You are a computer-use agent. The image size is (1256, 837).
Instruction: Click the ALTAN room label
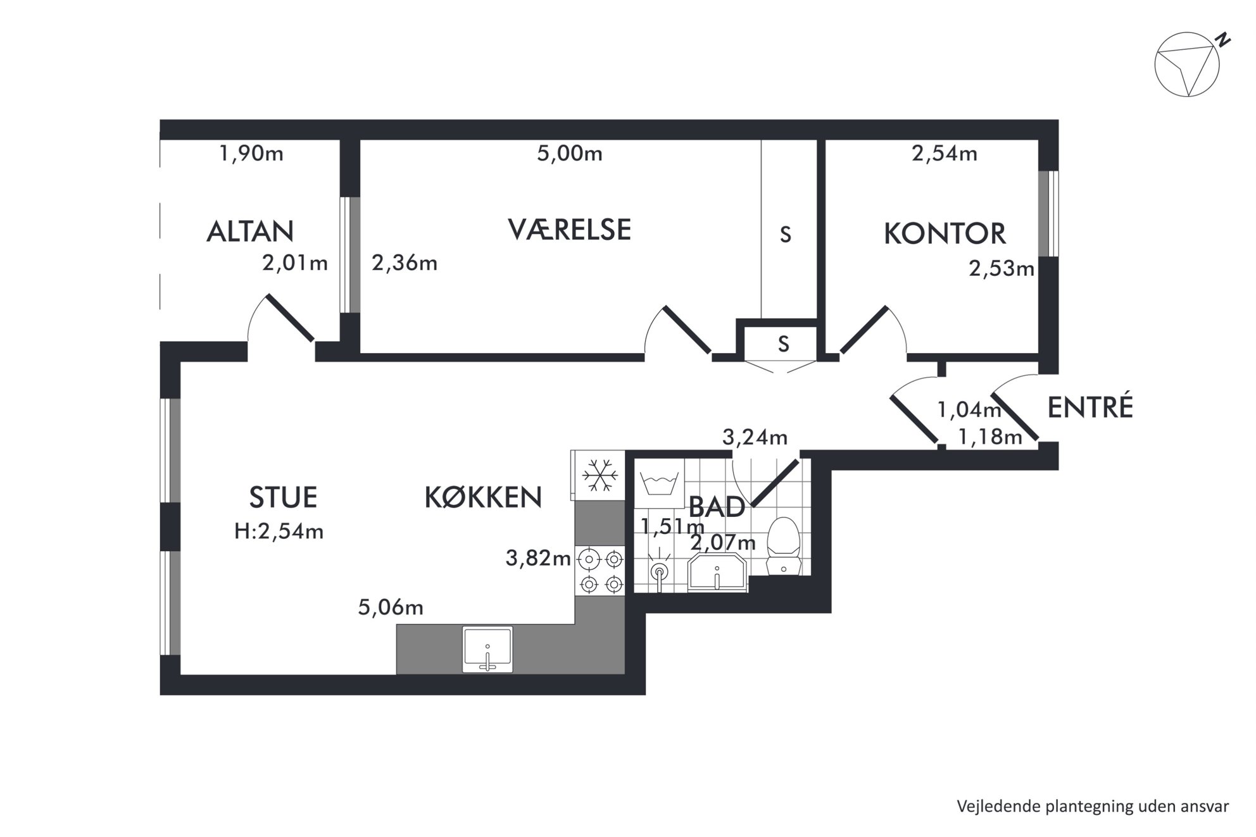(250, 232)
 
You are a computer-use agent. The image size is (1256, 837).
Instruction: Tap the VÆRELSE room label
(569, 229)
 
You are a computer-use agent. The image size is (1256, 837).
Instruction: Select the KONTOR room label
(945, 233)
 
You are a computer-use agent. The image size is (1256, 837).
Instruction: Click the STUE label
(283, 497)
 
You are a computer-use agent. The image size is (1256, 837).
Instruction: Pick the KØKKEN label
(483, 497)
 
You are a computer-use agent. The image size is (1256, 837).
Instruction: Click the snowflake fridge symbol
(599, 475)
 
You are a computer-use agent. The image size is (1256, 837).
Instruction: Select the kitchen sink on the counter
(487, 650)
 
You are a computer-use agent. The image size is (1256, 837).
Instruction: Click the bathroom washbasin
(717, 573)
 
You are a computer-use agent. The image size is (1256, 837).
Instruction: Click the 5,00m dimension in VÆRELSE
(570, 153)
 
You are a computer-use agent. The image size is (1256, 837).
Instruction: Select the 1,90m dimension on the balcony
(251, 153)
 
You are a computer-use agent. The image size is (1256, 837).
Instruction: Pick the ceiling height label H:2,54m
(279, 531)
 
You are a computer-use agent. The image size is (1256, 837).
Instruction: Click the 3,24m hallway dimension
(755, 437)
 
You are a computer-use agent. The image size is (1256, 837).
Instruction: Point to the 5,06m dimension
(391, 607)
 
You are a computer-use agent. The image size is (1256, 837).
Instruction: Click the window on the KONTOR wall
(1048, 214)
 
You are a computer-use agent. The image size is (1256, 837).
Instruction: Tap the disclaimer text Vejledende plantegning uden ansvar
(1093, 806)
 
